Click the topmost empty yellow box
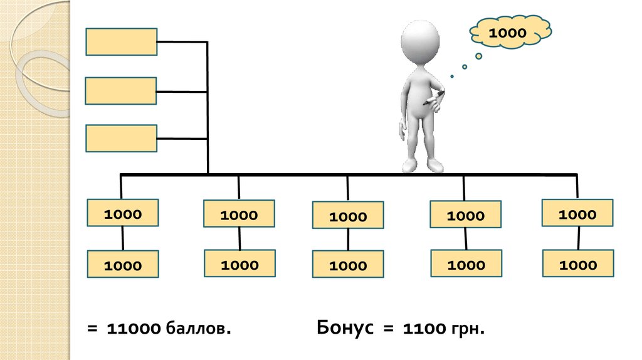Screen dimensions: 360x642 pyautogui.click(x=121, y=42)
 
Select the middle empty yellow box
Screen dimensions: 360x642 pyautogui.click(x=121, y=91)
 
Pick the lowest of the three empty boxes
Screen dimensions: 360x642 pyautogui.click(x=121, y=139)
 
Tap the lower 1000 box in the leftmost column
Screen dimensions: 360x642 pyautogui.click(x=123, y=265)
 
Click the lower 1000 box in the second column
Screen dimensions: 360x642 pyautogui.click(x=239, y=263)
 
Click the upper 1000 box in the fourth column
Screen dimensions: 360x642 pyautogui.click(x=465, y=214)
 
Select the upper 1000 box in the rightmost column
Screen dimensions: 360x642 pyautogui.click(x=577, y=213)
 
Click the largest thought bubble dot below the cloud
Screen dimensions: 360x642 pyautogui.click(x=478, y=56)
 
